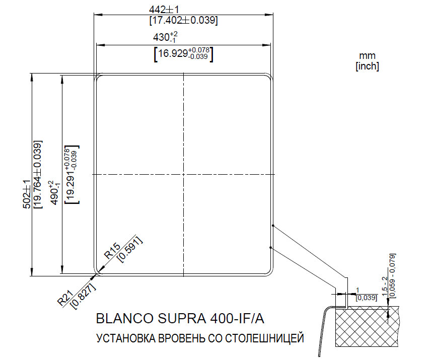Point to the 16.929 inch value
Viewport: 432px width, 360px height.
183,53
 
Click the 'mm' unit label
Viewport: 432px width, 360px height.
368,56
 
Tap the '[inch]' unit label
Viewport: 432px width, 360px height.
367,66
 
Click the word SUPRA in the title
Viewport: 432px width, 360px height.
176,319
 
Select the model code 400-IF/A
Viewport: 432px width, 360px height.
236,319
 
